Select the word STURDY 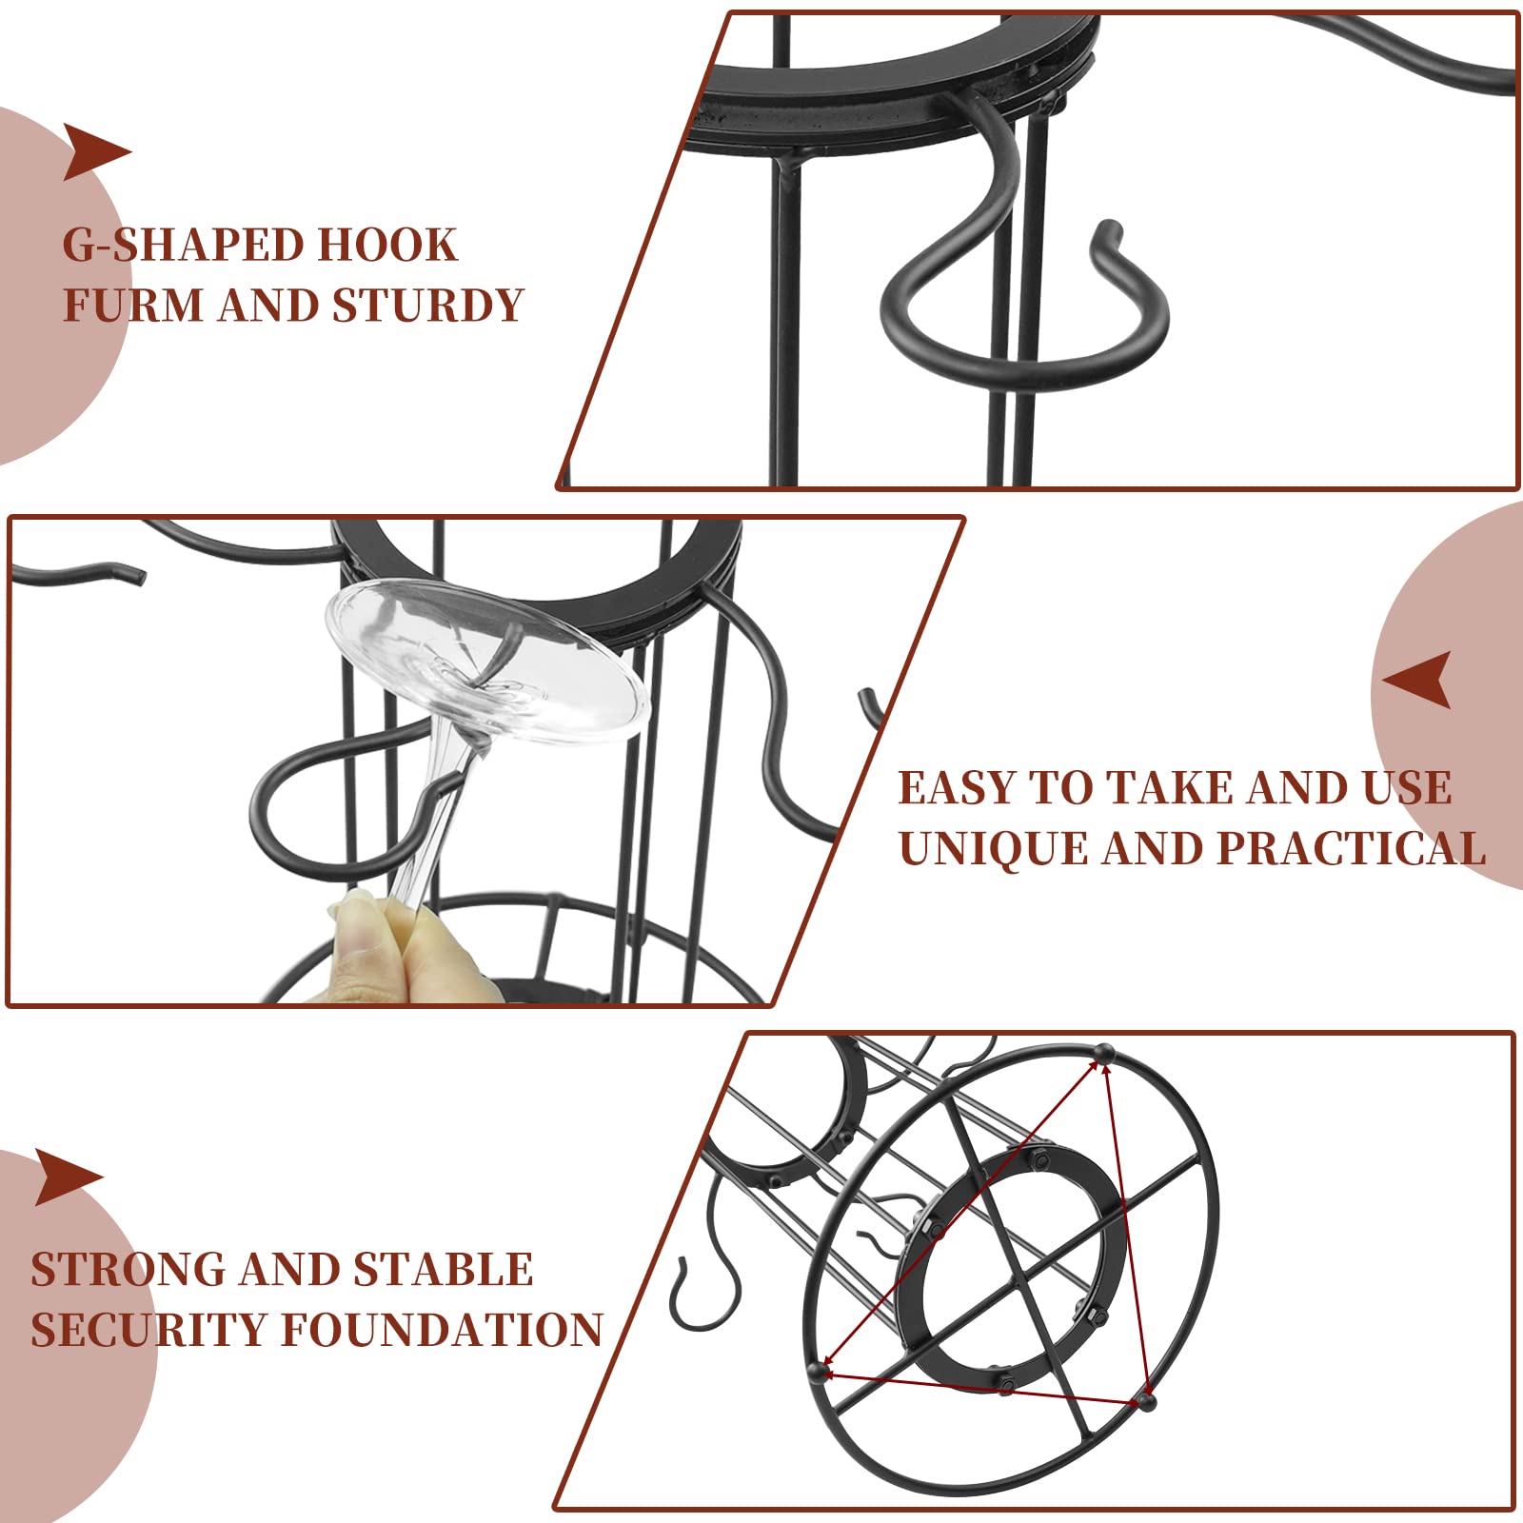pyautogui.click(x=427, y=305)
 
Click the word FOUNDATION pyautogui.click(x=443, y=1330)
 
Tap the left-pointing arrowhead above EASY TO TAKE pyautogui.click(x=1417, y=680)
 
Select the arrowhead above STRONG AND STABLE pyautogui.click(x=69, y=1177)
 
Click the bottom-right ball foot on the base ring pyautogui.click(x=1147, y=1401)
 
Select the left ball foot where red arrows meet pyautogui.click(x=817, y=1371)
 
